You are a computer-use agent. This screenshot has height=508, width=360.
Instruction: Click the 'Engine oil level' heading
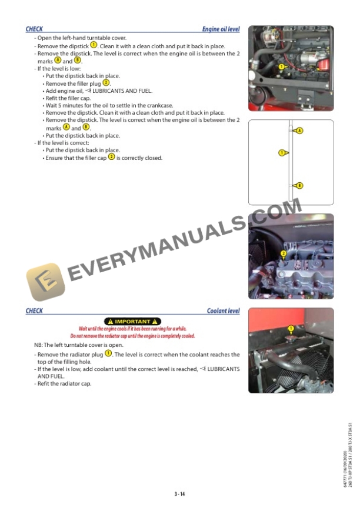pyautogui.click(x=221, y=29)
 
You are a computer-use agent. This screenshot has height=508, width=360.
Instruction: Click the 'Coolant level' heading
pyautogui.click(x=223, y=311)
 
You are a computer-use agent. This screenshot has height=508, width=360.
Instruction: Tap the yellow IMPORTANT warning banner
pyautogui.click(x=132, y=321)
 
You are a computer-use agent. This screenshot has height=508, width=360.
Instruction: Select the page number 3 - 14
pyautogui.click(x=179, y=494)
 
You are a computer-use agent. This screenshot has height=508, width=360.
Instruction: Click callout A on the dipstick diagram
pyautogui.click(x=299, y=130)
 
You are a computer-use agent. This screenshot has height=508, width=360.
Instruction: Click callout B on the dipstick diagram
pyautogui.click(x=299, y=186)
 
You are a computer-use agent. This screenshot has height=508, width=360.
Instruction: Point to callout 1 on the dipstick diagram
pyautogui.click(x=282, y=153)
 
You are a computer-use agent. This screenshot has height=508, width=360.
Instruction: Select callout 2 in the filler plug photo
pyautogui.click(x=284, y=254)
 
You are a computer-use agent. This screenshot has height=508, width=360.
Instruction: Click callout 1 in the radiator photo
pyautogui.click(x=291, y=328)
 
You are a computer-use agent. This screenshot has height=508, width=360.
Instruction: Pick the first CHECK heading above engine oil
pyautogui.click(x=34, y=29)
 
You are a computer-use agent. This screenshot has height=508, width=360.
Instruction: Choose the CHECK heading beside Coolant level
pyautogui.click(x=34, y=311)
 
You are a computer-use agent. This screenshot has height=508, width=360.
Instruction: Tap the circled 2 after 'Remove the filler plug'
pyautogui.click(x=106, y=83)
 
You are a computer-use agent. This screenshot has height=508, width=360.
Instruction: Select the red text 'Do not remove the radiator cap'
pyautogui.click(x=132, y=336)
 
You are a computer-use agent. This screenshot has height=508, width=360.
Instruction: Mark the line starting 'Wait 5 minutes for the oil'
pyautogui.click(x=109, y=105)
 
